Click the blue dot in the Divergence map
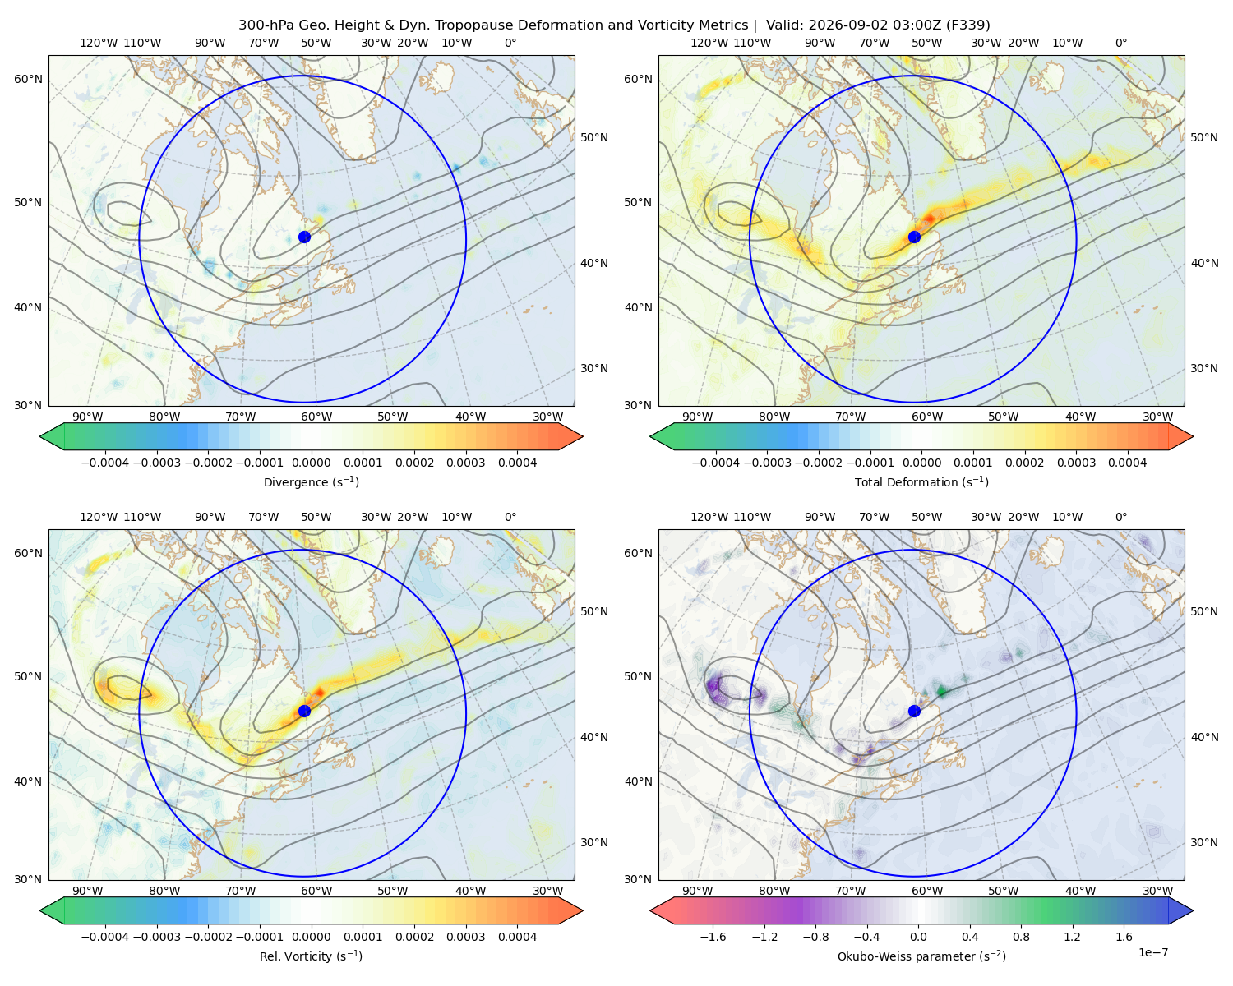pyautogui.click(x=304, y=237)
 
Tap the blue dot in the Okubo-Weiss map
pyautogui.click(x=914, y=711)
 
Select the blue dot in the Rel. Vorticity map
pyautogui.click(x=304, y=711)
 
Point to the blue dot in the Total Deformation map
pyautogui.click(x=914, y=237)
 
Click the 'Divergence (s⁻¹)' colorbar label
pyautogui.click(x=311, y=481)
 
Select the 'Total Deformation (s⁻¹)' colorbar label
pyautogui.click(x=921, y=481)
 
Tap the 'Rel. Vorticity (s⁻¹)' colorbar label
pyautogui.click(x=311, y=956)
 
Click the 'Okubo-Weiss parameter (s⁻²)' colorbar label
pyautogui.click(x=921, y=956)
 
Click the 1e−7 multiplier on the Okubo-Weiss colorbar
pyautogui.click(x=1152, y=952)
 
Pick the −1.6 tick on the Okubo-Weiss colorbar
pyautogui.click(x=713, y=937)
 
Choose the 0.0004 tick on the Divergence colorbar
pyautogui.click(x=517, y=463)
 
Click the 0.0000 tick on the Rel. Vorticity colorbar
pyautogui.click(x=311, y=937)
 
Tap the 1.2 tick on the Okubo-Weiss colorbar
pyautogui.click(x=1072, y=937)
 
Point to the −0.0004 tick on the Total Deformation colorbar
pyautogui.click(x=716, y=463)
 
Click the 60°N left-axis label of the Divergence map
pyautogui.click(x=28, y=79)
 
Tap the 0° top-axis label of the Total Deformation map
pyautogui.click(x=1121, y=43)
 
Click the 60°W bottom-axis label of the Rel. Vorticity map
pyautogui.click(x=316, y=891)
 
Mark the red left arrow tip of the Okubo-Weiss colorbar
pyautogui.click(x=651, y=910)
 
